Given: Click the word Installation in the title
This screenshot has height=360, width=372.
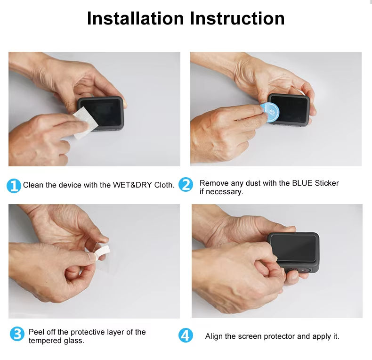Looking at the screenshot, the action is click(136, 18).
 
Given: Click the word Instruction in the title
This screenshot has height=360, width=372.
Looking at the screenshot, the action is click(237, 18).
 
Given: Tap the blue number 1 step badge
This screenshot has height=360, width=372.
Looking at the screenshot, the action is click(14, 186).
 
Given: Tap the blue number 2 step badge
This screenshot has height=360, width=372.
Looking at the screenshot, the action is click(186, 184).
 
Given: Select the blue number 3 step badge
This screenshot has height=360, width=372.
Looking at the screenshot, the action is click(17, 334).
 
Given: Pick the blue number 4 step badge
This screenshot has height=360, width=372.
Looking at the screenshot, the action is click(186, 335).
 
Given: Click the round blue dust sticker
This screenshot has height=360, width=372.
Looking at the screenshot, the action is click(270, 112).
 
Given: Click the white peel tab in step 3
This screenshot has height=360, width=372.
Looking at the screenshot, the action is click(102, 253).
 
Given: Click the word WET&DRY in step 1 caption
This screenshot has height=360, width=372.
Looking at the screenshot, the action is click(132, 185).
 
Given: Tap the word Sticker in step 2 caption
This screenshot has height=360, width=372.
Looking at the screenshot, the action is click(327, 183).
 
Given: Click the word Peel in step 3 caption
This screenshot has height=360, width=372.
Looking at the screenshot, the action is click(36, 332).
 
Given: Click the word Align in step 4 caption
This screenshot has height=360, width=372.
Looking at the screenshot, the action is click(214, 336).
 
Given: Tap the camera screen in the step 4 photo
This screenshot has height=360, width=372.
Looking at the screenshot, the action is click(293, 248).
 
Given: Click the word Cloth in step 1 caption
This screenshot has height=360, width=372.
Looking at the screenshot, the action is click(164, 185).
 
